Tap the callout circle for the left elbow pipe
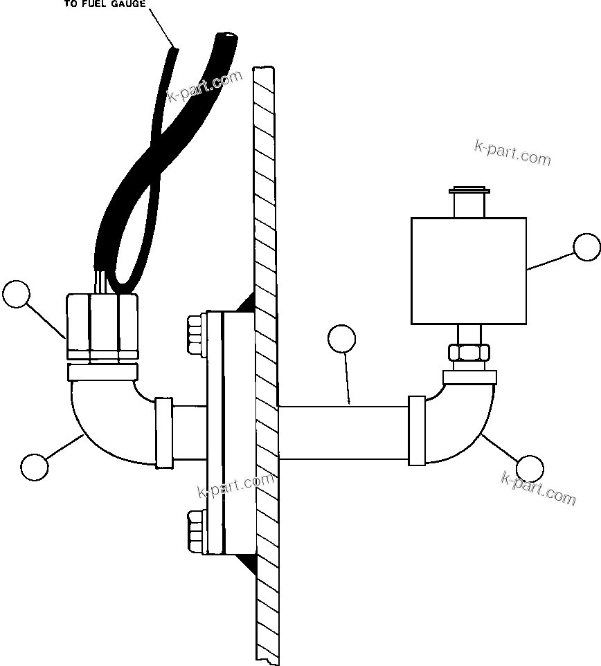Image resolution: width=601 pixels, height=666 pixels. (x=35, y=466)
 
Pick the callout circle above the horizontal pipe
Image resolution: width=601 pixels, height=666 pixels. (x=341, y=339)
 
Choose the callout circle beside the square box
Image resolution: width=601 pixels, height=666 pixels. (x=587, y=248)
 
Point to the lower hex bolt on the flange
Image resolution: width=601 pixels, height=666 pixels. (x=195, y=530)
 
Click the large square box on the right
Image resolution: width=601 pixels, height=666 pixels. (x=469, y=270)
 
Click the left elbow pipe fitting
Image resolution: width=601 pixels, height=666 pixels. (x=104, y=422)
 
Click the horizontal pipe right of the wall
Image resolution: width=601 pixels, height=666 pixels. (x=343, y=433)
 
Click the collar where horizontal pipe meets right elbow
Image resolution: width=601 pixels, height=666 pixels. (x=417, y=430)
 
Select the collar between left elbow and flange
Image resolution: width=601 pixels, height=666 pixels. (x=163, y=432)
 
